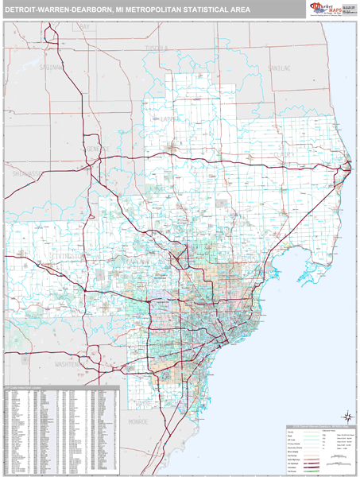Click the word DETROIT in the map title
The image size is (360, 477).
[x=23, y=10]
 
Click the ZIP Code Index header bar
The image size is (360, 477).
[x=60, y=387]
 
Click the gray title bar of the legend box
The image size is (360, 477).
[x=320, y=427]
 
